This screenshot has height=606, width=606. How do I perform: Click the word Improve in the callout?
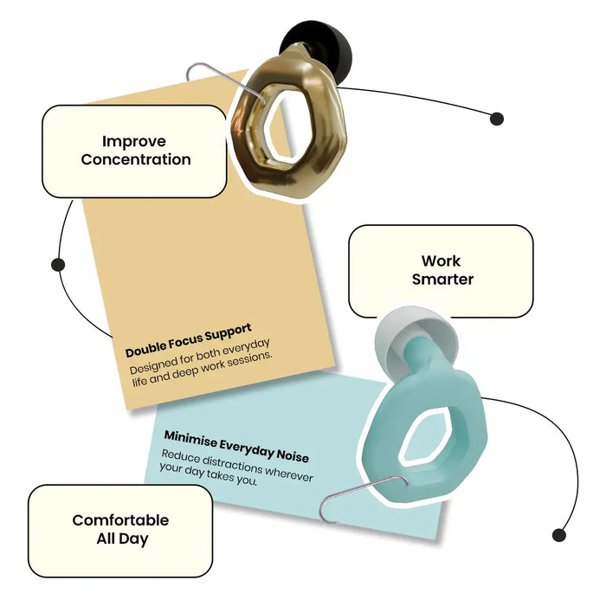coord(134,142)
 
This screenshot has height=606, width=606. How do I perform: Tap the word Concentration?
coord(136,159)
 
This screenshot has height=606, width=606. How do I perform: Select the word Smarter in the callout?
coord(442,279)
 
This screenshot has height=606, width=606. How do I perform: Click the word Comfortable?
coord(120,520)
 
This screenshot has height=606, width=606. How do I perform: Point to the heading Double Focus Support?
coord(189,340)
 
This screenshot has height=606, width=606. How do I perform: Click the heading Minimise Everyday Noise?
coord(236,447)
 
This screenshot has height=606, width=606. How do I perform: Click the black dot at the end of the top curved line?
coord(497,119)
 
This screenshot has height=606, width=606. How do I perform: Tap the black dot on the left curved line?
coord(58,265)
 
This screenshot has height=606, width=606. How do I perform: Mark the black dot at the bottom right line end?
coord(559,535)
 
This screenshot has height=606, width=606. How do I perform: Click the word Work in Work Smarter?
coord(441,261)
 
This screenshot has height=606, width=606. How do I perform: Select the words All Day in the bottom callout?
coord(122,538)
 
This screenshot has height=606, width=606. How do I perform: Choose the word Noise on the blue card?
coord(293,456)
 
